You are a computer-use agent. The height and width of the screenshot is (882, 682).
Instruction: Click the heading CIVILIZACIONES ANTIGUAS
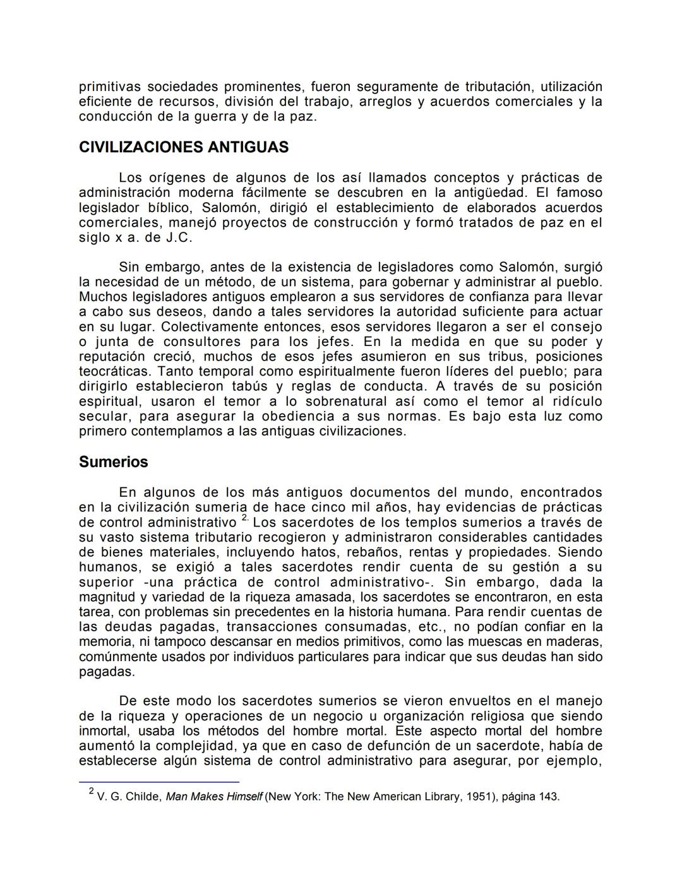[x=183, y=148]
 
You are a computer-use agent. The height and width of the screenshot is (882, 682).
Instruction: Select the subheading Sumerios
[x=113, y=462]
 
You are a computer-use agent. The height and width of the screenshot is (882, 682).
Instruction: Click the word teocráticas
[x=114, y=372]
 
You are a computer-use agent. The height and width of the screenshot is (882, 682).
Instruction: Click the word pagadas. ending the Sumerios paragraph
[x=107, y=672]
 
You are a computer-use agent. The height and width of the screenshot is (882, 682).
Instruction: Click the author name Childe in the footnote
[x=143, y=797]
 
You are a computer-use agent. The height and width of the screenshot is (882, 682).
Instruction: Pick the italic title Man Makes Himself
[x=213, y=797]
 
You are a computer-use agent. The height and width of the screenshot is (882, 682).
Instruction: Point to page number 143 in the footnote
[x=547, y=797]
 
